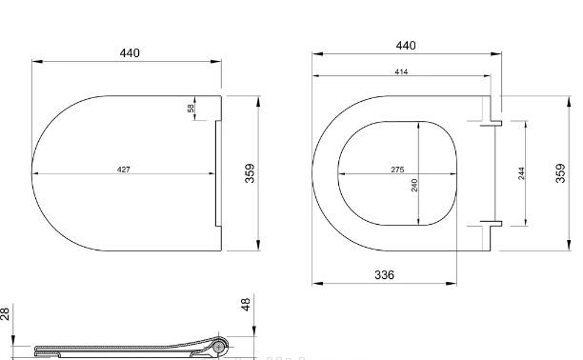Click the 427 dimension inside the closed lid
124,169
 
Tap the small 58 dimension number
191,109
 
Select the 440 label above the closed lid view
130,52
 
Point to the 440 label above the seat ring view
407,45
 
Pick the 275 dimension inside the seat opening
397,169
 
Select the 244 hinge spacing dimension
521,173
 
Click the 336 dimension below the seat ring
382,274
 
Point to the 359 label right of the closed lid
251,173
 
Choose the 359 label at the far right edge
561,173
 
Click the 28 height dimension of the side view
7,313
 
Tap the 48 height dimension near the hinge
245,305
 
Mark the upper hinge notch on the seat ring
487,121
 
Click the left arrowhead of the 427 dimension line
35,174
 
